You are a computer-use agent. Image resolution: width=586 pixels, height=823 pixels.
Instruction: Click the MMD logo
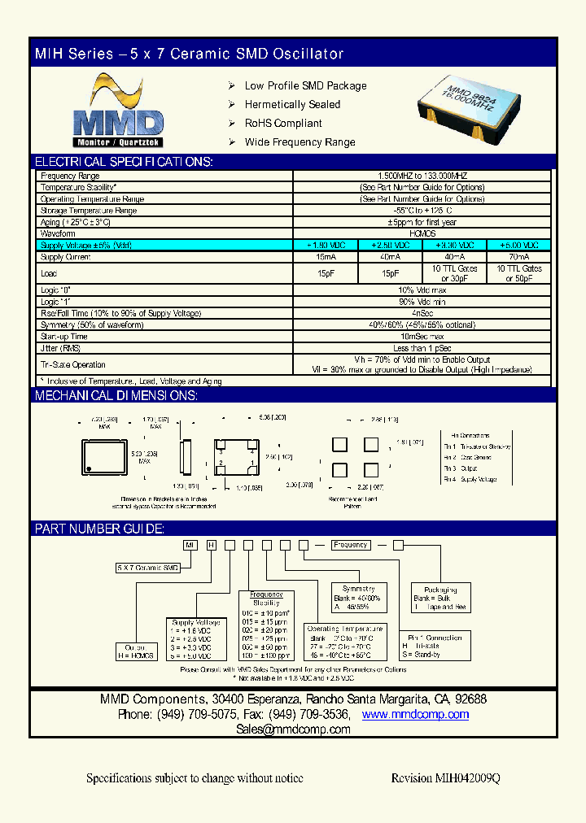pyautogui.click(x=119, y=109)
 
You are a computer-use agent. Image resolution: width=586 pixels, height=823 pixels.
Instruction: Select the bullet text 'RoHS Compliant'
pyautogui.click(x=283, y=124)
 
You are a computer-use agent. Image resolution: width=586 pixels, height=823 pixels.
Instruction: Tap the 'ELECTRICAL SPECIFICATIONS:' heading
pyautogui.click(x=124, y=162)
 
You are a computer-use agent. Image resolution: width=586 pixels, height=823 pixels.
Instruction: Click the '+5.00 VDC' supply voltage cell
pyautogui.click(x=518, y=245)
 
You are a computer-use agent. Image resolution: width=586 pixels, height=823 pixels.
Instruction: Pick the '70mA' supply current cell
pyautogui.click(x=518, y=257)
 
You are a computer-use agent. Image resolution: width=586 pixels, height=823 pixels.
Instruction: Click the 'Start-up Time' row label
pyautogui.click(x=64, y=337)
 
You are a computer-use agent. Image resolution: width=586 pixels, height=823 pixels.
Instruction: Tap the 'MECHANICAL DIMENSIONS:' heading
pyautogui.click(x=116, y=396)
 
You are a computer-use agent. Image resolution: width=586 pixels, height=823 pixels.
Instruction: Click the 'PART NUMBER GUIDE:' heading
pyautogui.click(x=100, y=529)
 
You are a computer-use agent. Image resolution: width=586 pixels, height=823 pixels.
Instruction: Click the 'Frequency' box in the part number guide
pyautogui.click(x=350, y=545)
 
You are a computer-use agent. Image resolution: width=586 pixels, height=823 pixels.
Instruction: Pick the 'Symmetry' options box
pyautogui.click(x=358, y=597)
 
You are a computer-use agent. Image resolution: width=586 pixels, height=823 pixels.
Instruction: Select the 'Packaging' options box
pyautogui.click(x=440, y=599)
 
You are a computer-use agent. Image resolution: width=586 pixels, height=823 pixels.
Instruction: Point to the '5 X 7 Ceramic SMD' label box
pyautogui.click(x=148, y=567)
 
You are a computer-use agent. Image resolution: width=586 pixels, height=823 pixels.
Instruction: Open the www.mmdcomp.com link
pyautogui.click(x=415, y=714)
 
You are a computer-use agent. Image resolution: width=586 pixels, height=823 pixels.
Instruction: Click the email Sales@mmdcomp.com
pyautogui.click(x=293, y=729)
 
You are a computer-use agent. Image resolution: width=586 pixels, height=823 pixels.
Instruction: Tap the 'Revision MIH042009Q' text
pyautogui.click(x=445, y=778)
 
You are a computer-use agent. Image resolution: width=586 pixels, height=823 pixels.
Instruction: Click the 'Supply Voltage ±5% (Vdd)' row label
pyautogui.click(x=85, y=245)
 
